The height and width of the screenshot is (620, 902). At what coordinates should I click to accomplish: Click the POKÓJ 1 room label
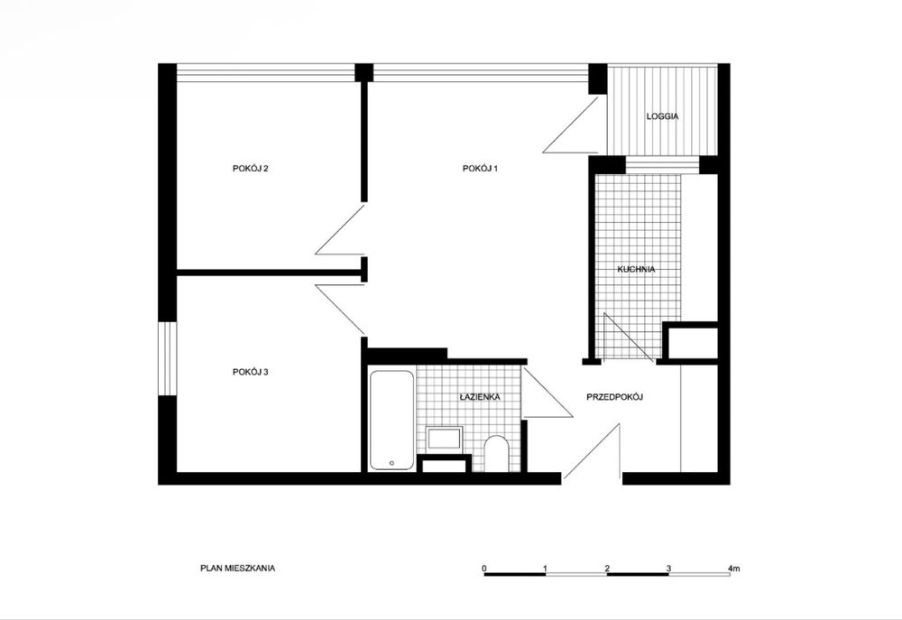tap(480, 169)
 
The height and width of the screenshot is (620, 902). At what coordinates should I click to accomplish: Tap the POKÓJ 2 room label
tap(250, 169)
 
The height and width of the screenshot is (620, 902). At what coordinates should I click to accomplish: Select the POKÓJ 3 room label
tap(250, 373)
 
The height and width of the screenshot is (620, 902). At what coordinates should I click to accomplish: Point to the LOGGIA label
tap(662, 116)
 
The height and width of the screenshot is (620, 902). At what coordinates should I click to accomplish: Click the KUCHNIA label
tap(636, 270)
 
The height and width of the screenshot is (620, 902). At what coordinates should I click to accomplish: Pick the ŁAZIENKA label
tap(480, 397)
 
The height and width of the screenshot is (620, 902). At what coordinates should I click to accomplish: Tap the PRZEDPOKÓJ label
tap(614, 397)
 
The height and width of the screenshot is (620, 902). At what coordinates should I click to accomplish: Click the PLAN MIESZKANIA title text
tap(237, 569)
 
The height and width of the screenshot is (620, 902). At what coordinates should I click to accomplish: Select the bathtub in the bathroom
tap(391, 421)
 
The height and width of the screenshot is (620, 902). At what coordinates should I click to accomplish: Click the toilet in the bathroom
tap(496, 454)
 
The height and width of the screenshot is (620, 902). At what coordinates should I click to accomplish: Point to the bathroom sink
tap(444, 439)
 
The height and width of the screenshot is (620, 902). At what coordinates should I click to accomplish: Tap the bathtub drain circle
tap(391, 463)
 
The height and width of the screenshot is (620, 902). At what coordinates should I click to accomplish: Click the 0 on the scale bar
tap(484, 569)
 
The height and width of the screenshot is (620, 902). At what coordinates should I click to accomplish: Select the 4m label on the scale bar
tap(734, 569)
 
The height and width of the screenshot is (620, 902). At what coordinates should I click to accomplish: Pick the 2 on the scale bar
tap(607, 569)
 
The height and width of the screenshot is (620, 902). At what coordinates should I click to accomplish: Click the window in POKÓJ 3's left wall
tap(168, 358)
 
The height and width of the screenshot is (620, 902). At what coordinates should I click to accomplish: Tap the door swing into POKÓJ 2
tap(339, 229)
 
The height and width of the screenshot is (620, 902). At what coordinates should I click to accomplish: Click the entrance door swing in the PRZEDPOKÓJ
tap(592, 450)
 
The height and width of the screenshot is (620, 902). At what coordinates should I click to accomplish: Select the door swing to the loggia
tap(571, 125)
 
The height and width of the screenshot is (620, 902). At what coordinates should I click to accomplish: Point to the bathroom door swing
tap(548, 393)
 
